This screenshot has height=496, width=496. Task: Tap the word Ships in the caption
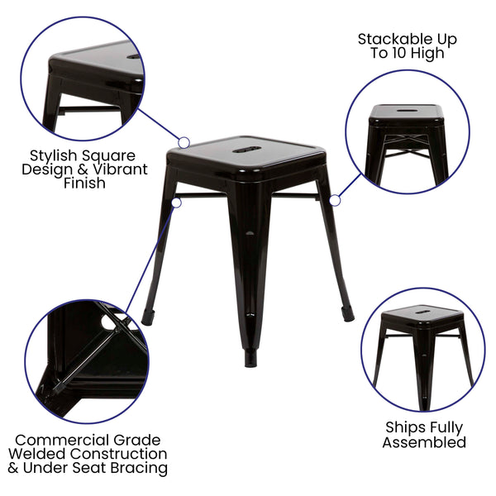(x=403, y=428)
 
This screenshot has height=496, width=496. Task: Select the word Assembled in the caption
(x=423, y=442)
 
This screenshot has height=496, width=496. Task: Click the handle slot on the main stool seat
(x=247, y=150)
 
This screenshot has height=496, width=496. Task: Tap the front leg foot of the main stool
(x=249, y=359)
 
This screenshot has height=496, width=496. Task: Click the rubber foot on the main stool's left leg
(x=148, y=317)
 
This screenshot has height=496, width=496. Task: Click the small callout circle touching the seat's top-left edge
(x=184, y=143)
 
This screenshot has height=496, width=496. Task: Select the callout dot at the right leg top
(x=335, y=200)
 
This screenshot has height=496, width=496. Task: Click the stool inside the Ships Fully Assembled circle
(x=422, y=347)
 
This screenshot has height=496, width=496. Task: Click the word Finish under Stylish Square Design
(x=84, y=184)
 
